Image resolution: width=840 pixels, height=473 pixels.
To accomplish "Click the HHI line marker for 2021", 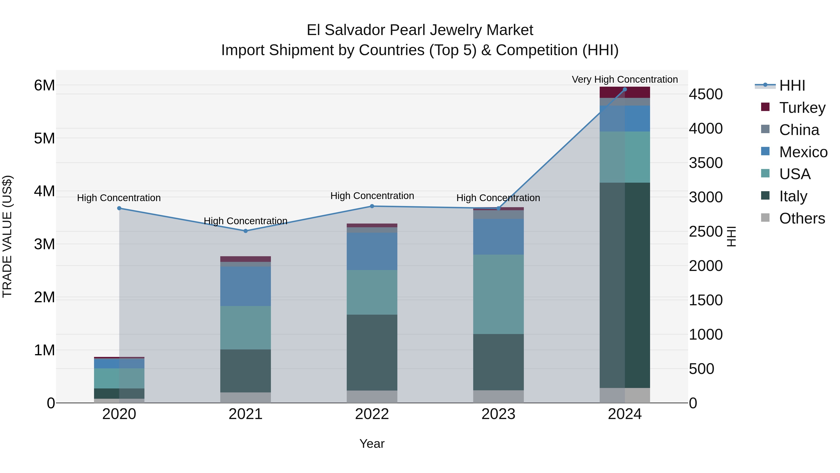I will coord(245,231).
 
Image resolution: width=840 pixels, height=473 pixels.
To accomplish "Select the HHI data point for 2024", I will coord(624,89).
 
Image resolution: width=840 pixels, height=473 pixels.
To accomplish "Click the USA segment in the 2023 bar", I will coord(498,294).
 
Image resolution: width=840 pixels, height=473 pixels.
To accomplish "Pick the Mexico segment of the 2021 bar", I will coord(245,286).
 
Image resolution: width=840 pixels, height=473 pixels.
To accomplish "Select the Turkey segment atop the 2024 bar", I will coord(624,92).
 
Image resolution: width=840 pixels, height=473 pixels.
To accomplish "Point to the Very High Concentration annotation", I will coord(624,79).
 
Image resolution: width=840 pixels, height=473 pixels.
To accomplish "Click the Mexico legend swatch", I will coord(765,151).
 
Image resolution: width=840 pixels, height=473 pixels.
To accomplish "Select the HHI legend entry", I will coord(792,85).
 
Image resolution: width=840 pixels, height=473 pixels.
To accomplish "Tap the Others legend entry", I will coord(801,218).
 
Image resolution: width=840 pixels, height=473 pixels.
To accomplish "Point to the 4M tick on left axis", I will coord(44,191).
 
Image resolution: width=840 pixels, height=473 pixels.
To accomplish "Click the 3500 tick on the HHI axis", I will coord(706,163).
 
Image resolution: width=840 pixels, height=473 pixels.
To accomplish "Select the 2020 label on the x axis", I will coord(119,414).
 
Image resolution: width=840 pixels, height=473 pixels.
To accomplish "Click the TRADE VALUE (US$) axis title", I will coord(7,236).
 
